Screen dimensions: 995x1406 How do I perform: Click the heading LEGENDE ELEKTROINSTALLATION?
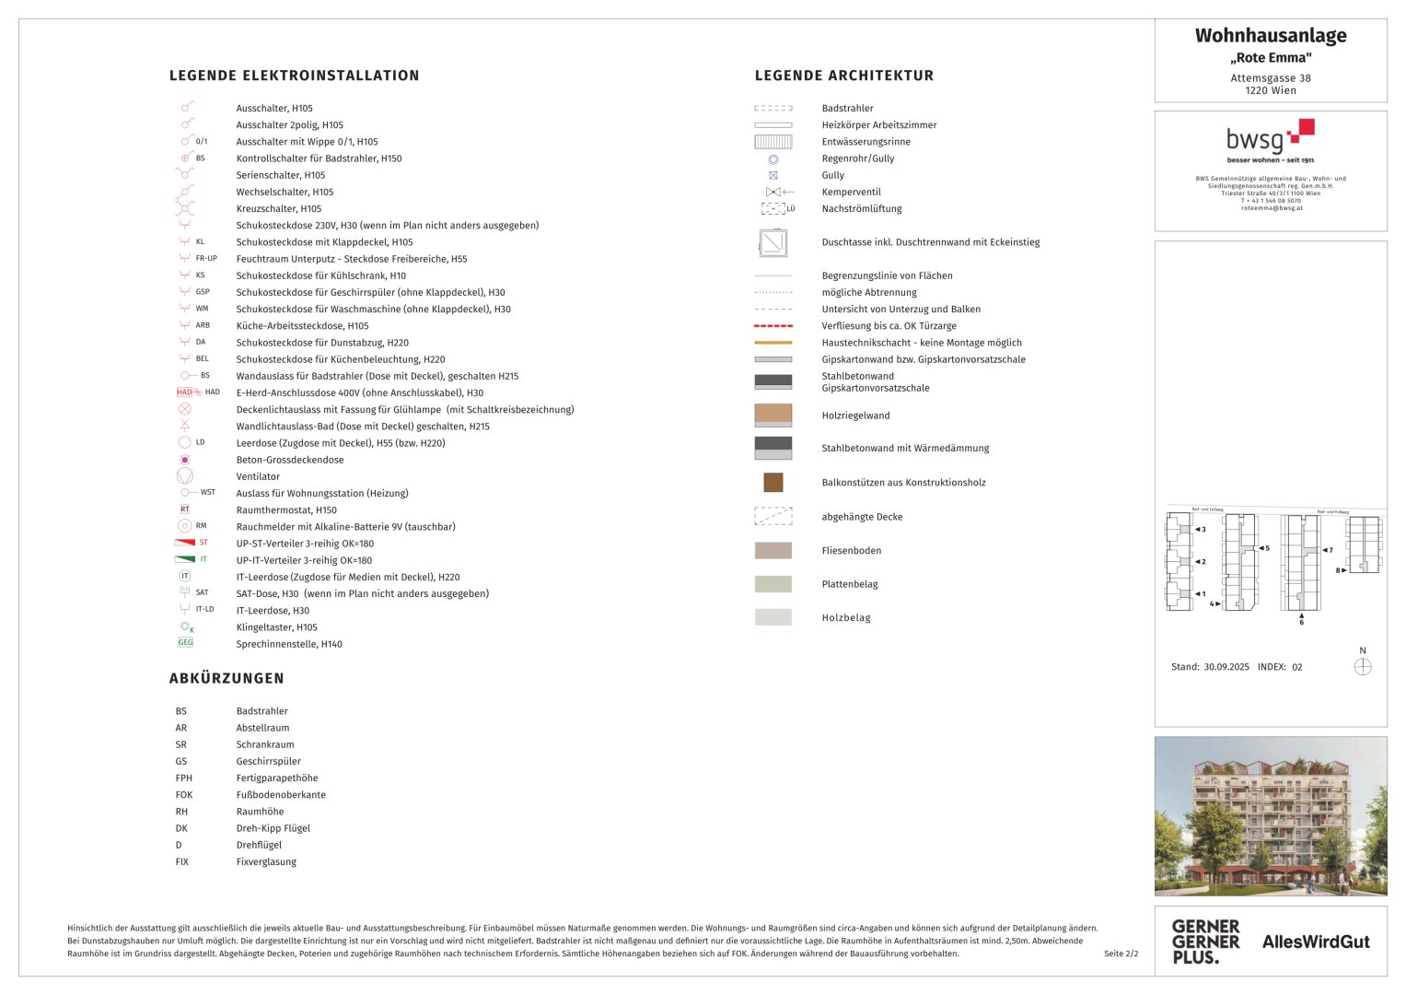[x=294, y=76]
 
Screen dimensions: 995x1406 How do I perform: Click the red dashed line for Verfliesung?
[x=773, y=326]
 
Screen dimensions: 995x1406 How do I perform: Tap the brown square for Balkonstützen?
[x=773, y=482]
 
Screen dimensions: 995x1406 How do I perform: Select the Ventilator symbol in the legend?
[x=184, y=476]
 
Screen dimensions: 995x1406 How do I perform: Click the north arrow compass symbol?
[x=1363, y=666]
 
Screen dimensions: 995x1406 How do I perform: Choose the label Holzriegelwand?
[x=855, y=416]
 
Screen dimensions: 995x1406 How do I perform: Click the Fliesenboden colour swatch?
[x=773, y=551]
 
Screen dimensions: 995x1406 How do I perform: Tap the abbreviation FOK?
[x=184, y=795]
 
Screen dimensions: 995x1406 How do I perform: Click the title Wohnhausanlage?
[x=1270, y=36]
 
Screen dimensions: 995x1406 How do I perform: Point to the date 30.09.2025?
[x=1226, y=667]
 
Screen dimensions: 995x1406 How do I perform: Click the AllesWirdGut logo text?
[x=1316, y=942]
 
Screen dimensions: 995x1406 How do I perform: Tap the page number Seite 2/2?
[x=1121, y=954]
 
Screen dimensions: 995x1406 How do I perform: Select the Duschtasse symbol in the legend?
[x=773, y=242]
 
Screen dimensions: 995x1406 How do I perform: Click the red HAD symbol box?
[x=185, y=392]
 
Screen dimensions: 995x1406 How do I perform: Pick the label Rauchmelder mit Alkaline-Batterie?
[x=345, y=527]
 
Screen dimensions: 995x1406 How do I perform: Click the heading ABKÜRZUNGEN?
[x=227, y=678]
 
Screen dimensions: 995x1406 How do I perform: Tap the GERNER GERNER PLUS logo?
[x=1205, y=941]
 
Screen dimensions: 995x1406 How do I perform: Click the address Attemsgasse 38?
[x=1270, y=78]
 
